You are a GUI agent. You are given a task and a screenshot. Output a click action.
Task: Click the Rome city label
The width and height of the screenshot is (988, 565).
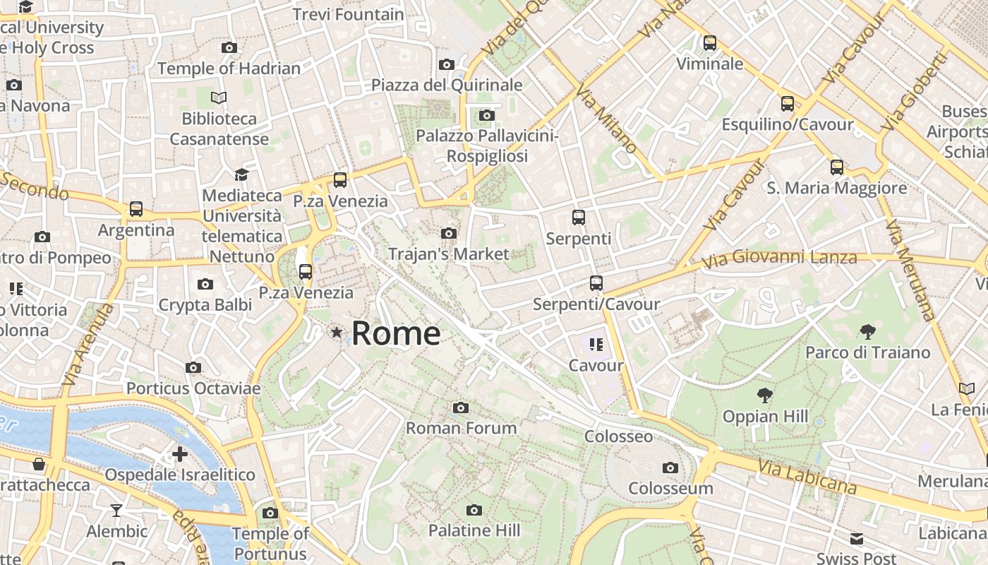click(396, 333)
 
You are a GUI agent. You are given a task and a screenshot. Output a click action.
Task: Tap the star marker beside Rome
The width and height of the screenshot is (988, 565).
click(337, 332)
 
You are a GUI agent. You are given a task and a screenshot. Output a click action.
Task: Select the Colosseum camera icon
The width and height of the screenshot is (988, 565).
click(670, 468)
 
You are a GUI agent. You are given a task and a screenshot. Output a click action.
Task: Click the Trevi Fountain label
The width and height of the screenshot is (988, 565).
click(348, 14)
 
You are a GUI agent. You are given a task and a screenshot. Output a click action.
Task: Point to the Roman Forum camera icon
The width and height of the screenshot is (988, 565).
click(461, 408)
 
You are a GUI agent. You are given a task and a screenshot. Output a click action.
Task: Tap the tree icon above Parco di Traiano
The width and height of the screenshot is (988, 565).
click(867, 331)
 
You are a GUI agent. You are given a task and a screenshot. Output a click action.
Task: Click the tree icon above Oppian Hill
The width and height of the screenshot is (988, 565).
click(764, 395)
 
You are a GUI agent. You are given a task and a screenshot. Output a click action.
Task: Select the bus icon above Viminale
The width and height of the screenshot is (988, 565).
click(710, 43)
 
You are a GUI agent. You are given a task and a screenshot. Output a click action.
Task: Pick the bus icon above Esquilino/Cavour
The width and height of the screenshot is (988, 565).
click(788, 104)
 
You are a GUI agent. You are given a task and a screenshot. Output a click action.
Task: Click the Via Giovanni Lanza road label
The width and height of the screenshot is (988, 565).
click(780, 259)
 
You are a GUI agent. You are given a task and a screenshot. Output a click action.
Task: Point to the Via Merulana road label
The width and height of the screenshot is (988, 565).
click(910, 270)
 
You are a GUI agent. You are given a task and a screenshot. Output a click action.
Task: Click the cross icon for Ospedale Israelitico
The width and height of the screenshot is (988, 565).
click(180, 453)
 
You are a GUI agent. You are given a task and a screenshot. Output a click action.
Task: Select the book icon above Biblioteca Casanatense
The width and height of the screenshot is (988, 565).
click(219, 97)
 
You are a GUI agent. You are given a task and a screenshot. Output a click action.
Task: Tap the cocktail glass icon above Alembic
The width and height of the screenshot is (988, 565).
click(116, 510)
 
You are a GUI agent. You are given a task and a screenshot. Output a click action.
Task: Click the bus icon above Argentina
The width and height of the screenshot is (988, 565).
click(136, 209)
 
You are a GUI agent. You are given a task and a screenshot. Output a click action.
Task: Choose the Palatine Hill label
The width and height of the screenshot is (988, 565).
click(474, 530)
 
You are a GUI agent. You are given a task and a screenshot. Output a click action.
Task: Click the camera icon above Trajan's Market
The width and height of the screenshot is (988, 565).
click(448, 233)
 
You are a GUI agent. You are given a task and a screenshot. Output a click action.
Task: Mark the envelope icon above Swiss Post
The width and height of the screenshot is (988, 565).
click(857, 539)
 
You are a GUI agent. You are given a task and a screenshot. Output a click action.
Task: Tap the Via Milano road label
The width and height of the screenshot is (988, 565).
click(606, 120)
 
